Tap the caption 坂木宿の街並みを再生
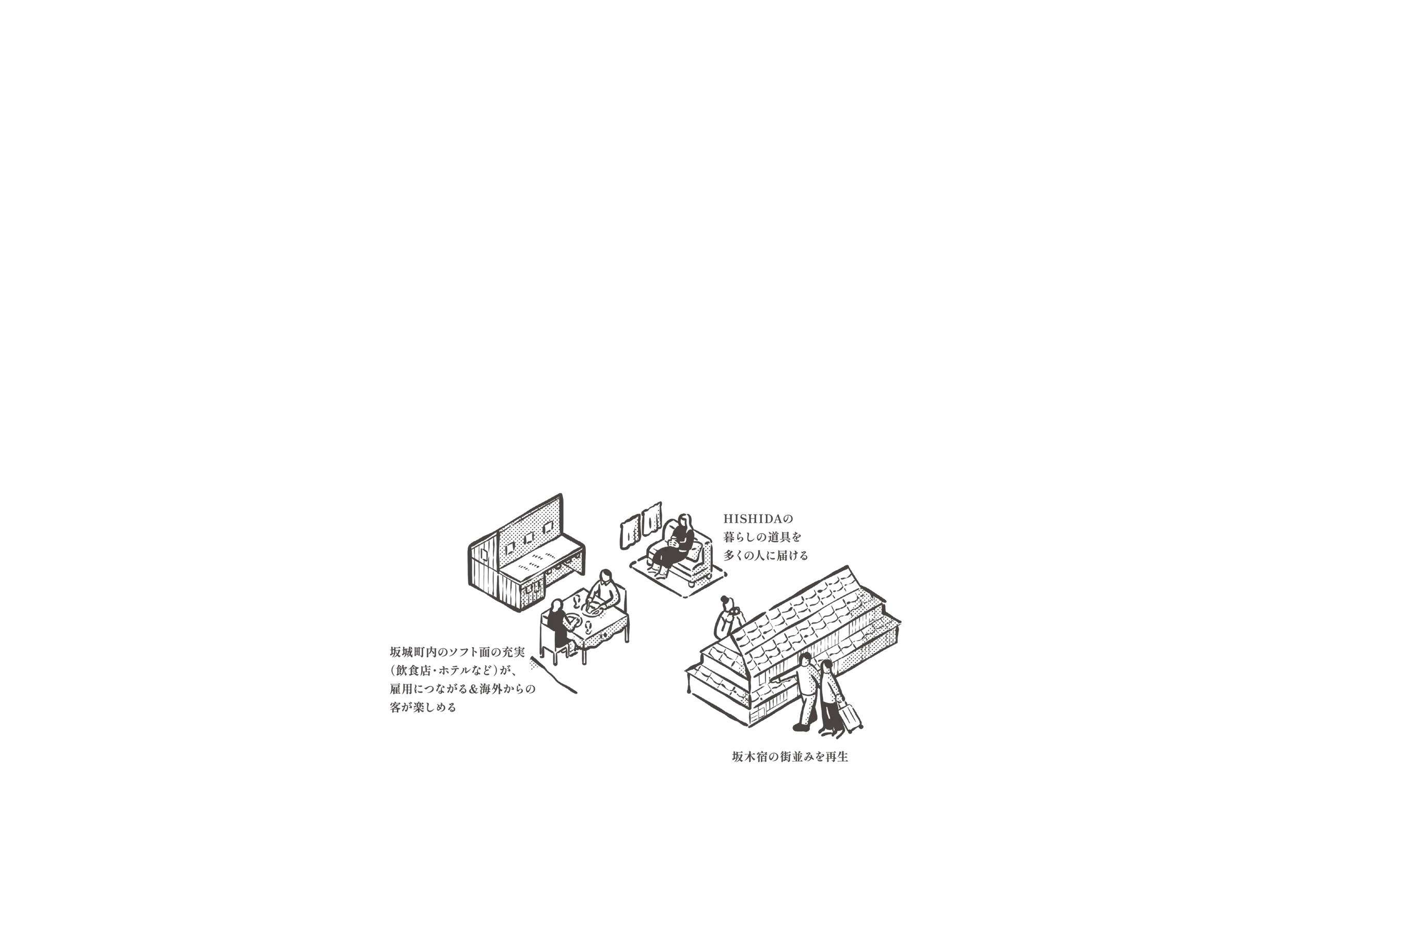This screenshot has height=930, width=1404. click(790, 757)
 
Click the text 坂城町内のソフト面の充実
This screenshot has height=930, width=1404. click(457, 652)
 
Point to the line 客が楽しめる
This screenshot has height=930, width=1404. click(423, 707)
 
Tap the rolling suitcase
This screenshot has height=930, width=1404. click(850, 716)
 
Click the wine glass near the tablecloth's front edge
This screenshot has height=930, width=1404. click(588, 628)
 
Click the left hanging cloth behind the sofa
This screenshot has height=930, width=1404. click(629, 532)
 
